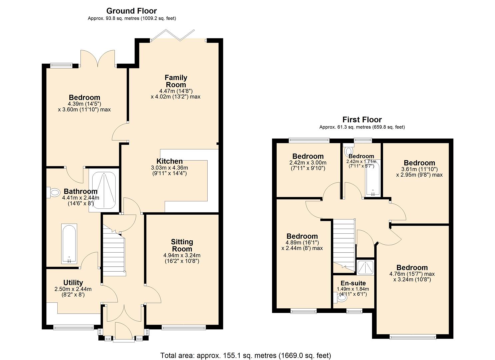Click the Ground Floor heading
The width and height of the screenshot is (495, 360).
(131, 11)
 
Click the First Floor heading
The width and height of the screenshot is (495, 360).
(362, 119)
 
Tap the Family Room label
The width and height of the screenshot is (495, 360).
(176, 81)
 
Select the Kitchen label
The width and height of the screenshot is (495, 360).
(169, 161)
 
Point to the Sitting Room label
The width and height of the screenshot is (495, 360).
(182, 245)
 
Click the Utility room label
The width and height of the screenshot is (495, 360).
(73, 283)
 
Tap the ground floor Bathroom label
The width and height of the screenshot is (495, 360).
(80, 191)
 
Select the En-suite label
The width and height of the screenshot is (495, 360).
(353, 283)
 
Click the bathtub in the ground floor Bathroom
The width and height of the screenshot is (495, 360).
(69, 243)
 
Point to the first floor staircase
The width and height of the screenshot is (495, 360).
(343, 243)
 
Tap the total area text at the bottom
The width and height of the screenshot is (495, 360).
(245, 355)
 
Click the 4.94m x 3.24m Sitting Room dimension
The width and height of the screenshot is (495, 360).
(182, 255)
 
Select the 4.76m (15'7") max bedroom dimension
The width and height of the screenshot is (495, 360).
(412, 274)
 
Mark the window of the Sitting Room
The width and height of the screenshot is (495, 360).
(184, 327)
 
